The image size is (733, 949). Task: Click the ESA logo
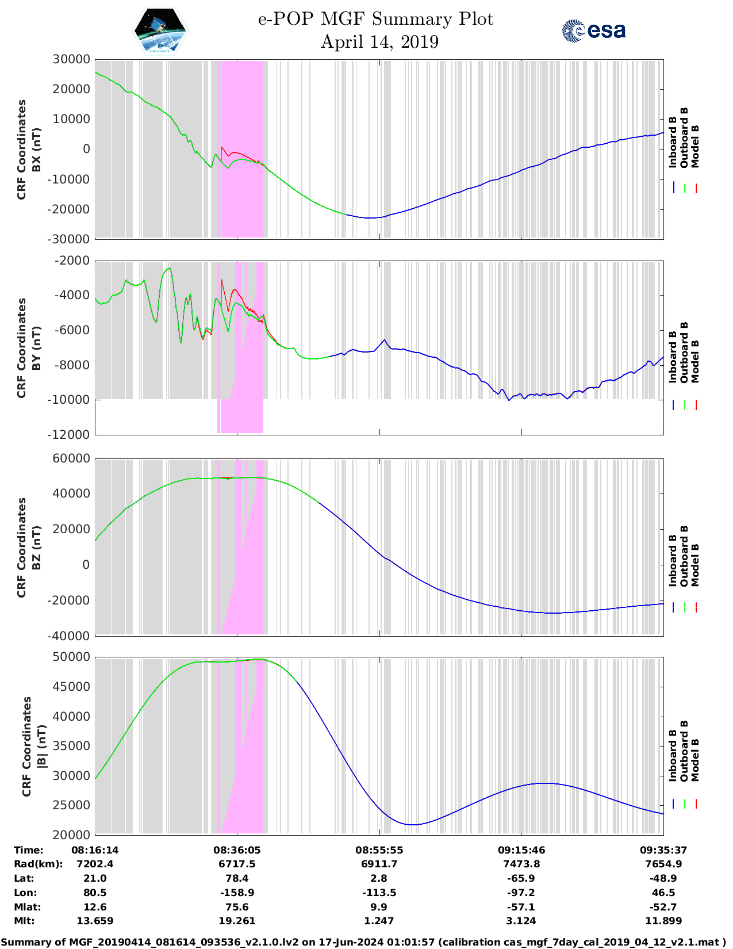click(x=594, y=30)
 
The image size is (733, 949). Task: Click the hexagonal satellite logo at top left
click(x=160, y=30)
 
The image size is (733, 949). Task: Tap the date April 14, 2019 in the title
click(x=379, y=42)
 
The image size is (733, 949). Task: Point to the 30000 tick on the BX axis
click(x=71, y=59)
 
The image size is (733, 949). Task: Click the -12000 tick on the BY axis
click(x=71, y=435)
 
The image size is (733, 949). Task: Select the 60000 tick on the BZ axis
click(x=71, y=458)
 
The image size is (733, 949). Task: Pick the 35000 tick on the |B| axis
click(x=71, y=746)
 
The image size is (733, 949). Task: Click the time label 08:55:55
click(x=379, y=850)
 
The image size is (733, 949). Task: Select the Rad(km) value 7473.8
click(x=521, y=864)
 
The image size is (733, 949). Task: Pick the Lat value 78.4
click(x=237, y=878)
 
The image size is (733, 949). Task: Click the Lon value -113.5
click(x=379, y=893)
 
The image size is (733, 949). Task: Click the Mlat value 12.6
click(x=95, y=907)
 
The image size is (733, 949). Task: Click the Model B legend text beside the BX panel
click(x=695, y=146)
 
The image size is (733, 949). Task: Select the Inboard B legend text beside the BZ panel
click(x=673, y=561)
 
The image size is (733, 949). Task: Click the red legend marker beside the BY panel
click(x=696, y=405)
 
